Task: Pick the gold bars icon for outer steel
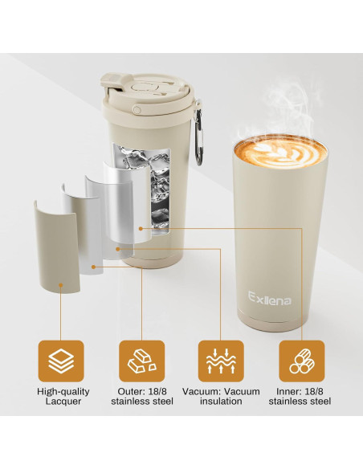point(141,361)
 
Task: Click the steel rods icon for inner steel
point(301,361)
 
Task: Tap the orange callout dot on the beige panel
point(95,266)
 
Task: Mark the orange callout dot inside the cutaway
point(141,227)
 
